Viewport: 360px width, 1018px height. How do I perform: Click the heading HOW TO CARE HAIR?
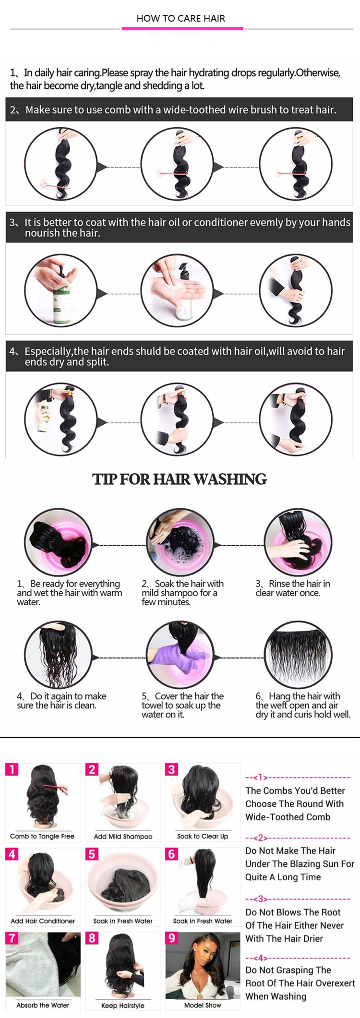click(180, 18)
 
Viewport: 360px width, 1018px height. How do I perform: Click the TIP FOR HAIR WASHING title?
click(180, 479)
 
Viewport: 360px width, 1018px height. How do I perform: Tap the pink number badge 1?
click(12, 769)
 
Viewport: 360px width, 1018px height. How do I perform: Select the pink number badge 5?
click(92, 854)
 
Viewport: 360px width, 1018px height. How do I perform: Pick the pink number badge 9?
click(171, 938)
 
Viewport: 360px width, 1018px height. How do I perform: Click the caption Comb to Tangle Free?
click(42, 836)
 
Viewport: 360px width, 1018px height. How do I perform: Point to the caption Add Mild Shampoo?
click(123, 836)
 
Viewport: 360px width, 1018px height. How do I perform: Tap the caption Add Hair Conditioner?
click(43, 921)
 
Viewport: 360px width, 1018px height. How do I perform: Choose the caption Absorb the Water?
click(43, 1005)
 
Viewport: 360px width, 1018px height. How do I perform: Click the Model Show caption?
click(203, 1005)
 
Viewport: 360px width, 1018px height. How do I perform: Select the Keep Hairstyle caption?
click(123, 1005)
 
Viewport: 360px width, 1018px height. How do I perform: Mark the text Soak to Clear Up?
click(203, 836)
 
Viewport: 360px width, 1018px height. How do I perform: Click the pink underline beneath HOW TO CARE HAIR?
click(182, 29)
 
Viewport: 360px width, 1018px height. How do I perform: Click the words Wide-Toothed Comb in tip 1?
click(288, 816)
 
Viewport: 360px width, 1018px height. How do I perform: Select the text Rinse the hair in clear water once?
click(293, 588)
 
